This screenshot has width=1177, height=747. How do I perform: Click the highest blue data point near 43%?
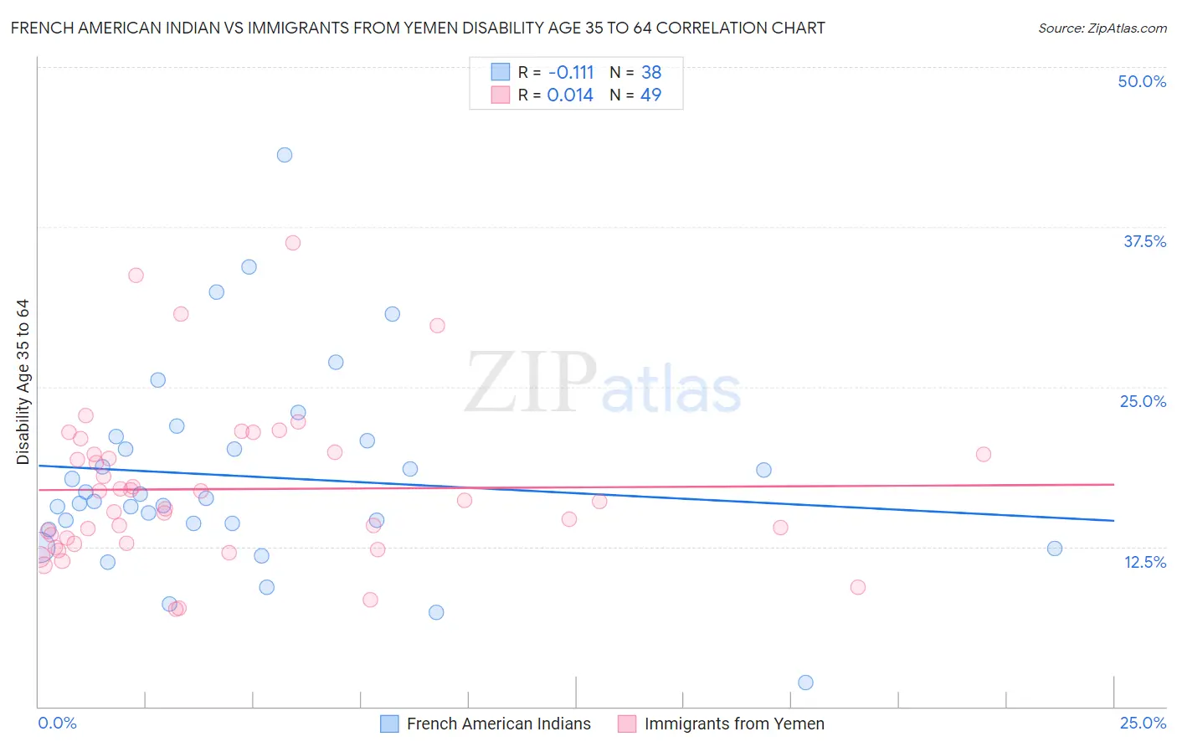[x=285, y=155]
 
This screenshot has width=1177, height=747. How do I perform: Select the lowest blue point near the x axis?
[x=805, y=683]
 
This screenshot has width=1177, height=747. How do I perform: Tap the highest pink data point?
[x=293, y=243]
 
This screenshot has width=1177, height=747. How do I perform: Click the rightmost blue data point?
[x=1055, y=549]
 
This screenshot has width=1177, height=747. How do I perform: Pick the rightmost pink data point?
[x=984, y=454]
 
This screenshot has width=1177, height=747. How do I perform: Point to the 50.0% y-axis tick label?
[x=1142, y=81]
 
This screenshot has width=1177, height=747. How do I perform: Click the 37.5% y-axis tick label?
[x=1144, y=241]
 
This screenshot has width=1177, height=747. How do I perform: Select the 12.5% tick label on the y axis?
[x=1144, y=562]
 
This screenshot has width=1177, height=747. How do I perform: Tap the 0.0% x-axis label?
[x=57, y=723]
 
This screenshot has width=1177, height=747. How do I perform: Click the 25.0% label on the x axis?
[x=1143, y=723]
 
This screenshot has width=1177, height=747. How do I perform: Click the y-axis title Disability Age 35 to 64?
[x=23, y=382]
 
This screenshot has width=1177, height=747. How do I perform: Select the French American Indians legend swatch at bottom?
[x=389, y=724]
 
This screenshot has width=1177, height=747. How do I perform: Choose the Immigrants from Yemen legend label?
[x=734, y=724]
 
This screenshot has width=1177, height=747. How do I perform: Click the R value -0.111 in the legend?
[x=570, y=72]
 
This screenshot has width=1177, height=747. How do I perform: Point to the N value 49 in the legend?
[x=650, y=95]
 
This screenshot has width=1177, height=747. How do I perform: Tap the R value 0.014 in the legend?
[x=570, y=95]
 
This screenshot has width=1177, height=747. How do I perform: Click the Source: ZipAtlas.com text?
[x=1102, y=28]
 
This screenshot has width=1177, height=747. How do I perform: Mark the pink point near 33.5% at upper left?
[x=136, y=276]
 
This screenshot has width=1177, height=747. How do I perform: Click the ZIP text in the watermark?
[x=531, y=384]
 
